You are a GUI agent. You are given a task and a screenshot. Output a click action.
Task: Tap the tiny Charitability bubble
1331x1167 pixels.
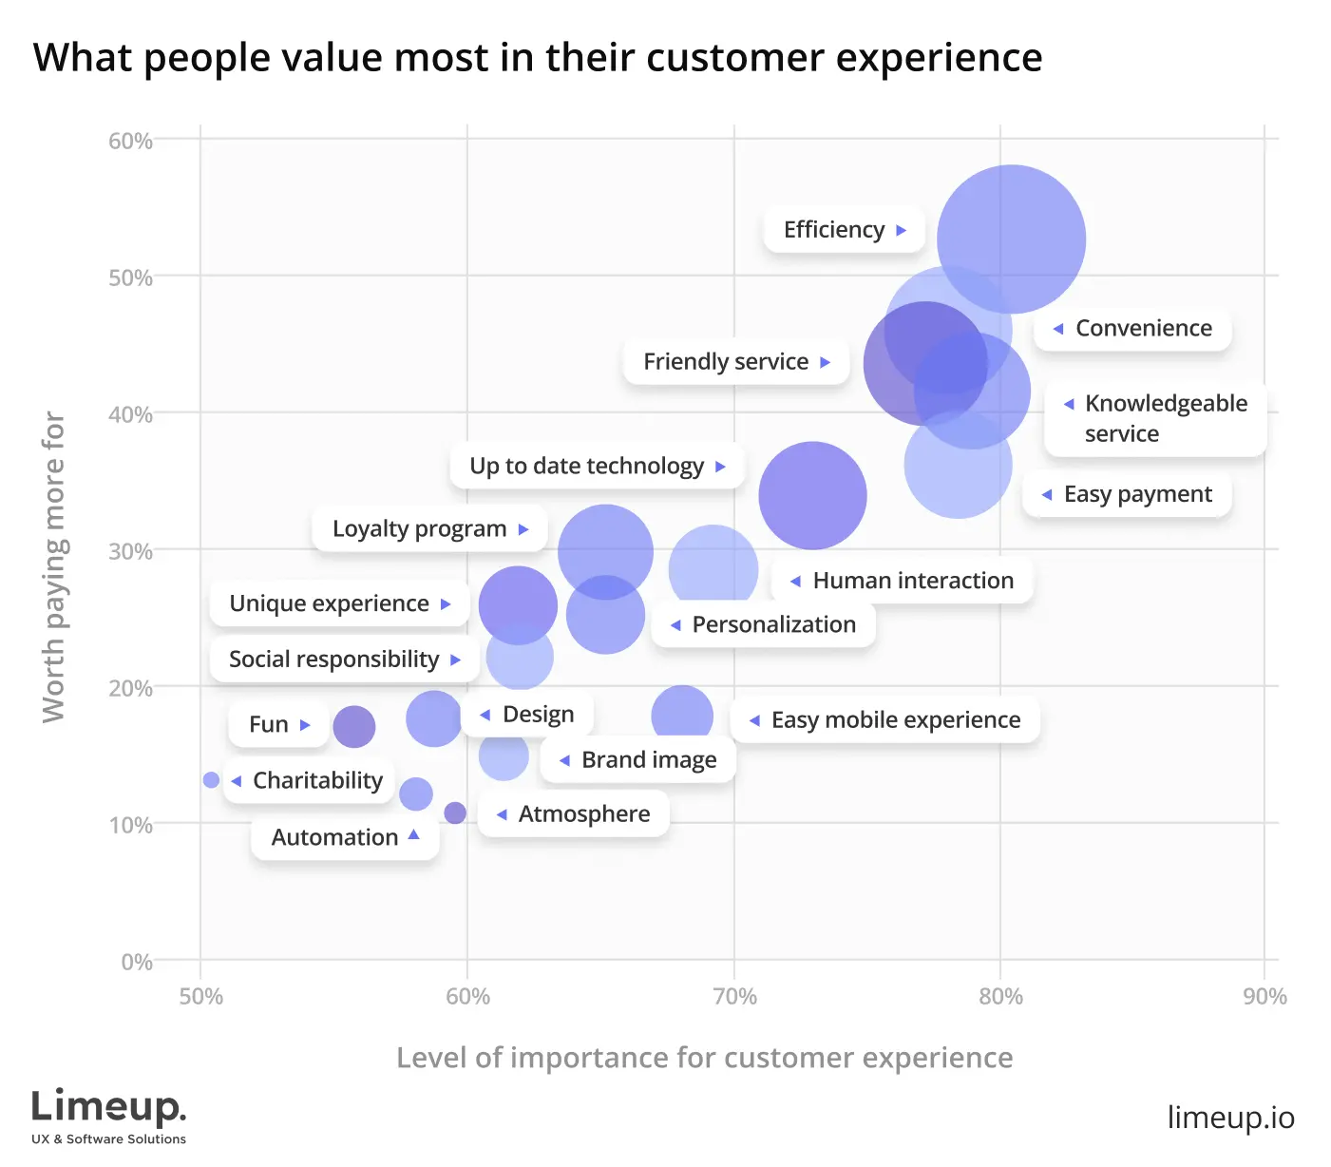click(211, 780)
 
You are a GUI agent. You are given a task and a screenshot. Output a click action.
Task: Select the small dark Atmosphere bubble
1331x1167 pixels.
click(455, 813)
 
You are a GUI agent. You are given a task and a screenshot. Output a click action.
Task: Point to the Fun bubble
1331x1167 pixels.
click(353, 727)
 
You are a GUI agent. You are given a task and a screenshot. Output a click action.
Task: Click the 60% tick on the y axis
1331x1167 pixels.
click(130, 142)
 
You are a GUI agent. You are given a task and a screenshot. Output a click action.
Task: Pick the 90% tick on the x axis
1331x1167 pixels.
click(1264, 996)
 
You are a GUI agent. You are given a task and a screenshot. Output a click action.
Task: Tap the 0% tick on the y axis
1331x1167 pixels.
click(137, 962)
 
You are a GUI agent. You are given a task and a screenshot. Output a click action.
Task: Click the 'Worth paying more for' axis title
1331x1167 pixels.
click(54, 566)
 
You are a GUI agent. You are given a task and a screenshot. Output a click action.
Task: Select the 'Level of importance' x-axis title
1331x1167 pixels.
click(704, 1058)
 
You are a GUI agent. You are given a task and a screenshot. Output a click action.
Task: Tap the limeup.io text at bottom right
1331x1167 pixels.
click(1230, 1118)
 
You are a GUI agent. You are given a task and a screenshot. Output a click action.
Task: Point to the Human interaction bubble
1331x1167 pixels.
click(812, 495)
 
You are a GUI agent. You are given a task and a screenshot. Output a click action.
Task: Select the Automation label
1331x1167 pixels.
click(334, 837)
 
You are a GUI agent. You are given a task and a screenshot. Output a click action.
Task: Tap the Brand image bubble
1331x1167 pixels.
click(504, 756)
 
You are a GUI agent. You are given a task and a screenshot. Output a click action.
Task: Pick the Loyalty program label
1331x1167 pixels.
click(419, 529)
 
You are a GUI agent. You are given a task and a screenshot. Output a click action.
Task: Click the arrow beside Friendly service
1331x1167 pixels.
click(825, 362)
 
